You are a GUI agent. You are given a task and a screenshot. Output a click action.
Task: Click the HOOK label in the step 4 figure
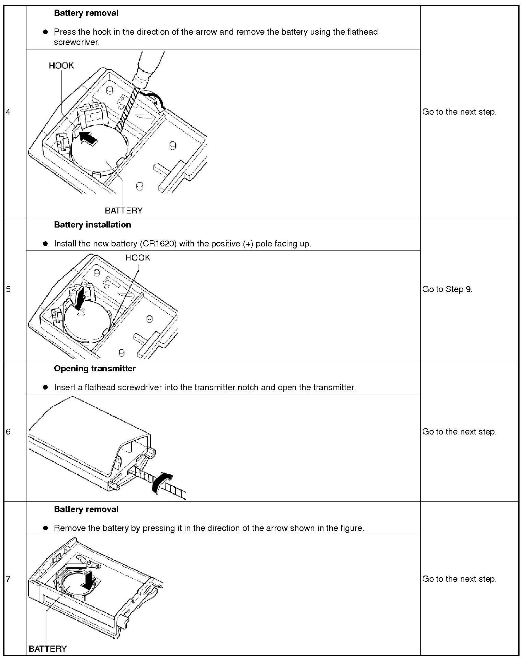(61, 66)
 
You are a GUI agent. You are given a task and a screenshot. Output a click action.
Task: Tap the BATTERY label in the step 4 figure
(124, 210)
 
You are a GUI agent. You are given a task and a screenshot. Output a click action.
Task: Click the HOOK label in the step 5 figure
(137, 258)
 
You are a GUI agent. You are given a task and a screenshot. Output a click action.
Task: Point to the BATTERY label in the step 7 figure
(48, 648)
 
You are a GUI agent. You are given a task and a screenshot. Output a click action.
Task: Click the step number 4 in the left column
(8, 112)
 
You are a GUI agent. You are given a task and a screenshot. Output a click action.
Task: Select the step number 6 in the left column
(8, 432)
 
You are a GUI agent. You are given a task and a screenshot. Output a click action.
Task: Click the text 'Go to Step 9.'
(447, 289)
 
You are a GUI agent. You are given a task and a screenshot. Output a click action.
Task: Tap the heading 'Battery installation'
(92, 225)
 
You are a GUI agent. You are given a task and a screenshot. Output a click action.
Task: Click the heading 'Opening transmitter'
(95, 369)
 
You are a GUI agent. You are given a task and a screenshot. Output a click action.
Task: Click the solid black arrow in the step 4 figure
(88, 137)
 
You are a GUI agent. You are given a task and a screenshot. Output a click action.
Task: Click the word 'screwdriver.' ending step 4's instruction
(77, 42)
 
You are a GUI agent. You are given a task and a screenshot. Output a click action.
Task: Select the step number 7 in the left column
(8, 579)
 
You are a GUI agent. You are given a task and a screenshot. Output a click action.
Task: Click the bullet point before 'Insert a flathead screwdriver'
(45, 387)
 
